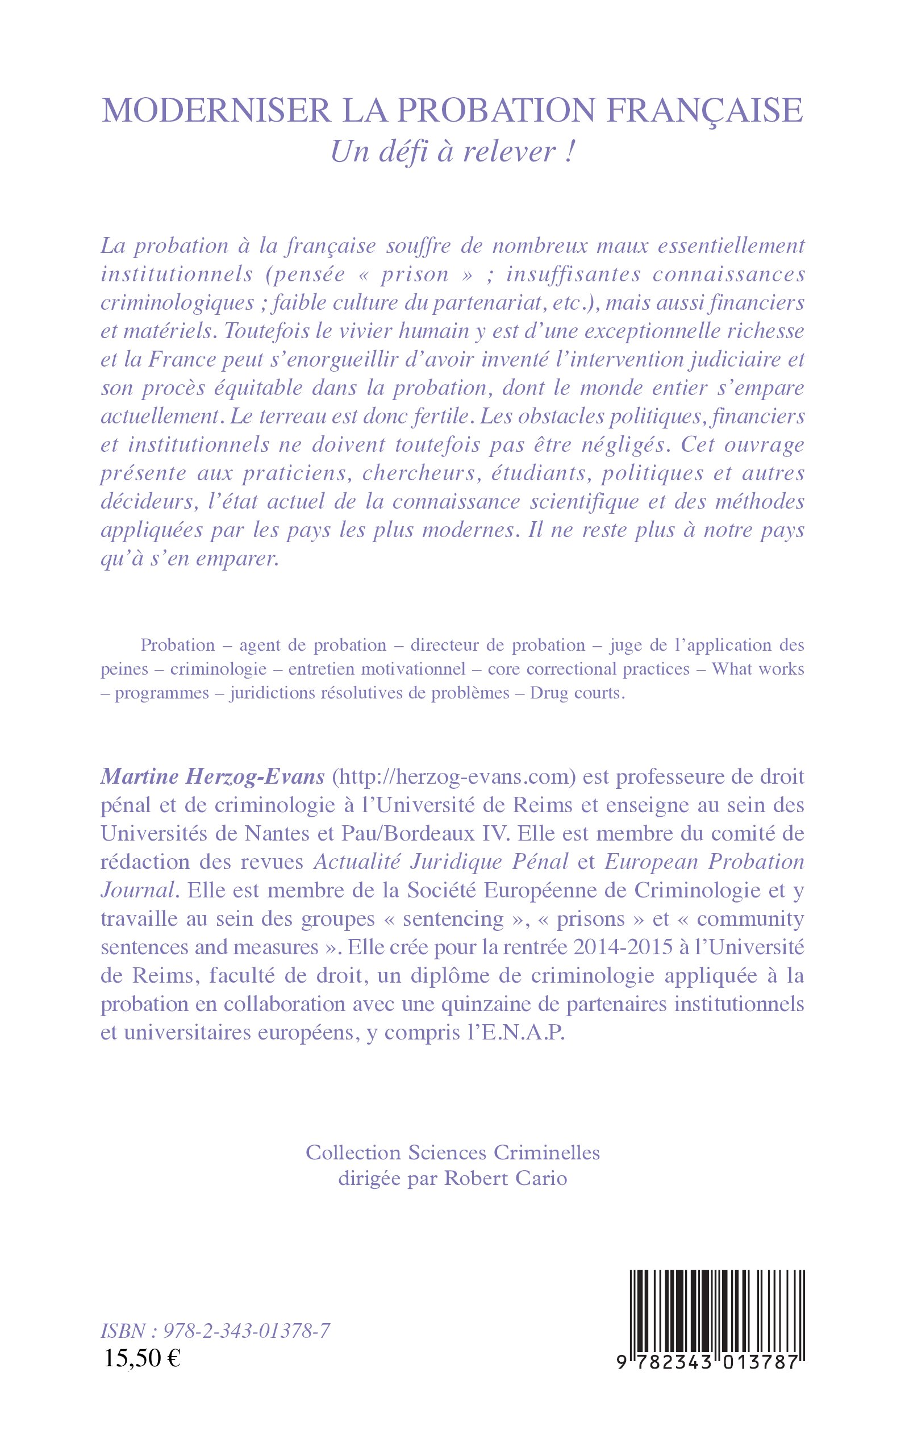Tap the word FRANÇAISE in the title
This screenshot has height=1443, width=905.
point(704,111)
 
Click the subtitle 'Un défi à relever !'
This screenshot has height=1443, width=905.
point(452,152)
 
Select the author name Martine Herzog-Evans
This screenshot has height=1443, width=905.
point(212,776)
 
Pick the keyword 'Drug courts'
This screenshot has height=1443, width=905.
point(577,693)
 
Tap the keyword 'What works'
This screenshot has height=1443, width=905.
point(758,669)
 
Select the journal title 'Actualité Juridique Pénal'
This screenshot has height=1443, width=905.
point(441,862)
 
